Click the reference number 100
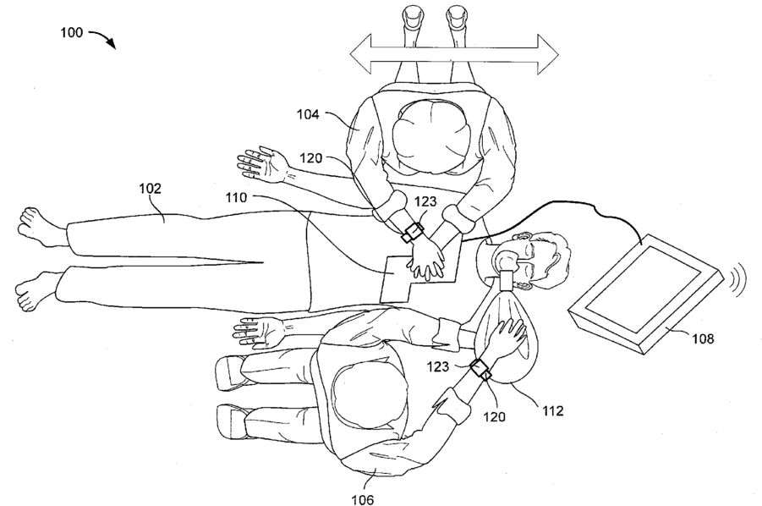click(71, 32)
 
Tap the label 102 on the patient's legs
click(151, 188)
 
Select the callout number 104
click(308, 115)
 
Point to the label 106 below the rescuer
click(363, 498)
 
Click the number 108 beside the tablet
click(703, 338)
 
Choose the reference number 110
click(236, 197)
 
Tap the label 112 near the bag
click(552, 411)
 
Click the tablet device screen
click(644, 289)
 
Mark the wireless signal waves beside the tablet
click(737, 279)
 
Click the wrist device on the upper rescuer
click(412, 232)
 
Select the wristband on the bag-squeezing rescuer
click(480, 369)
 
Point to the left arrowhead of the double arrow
click(360, 54)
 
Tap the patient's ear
click(524, 237)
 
